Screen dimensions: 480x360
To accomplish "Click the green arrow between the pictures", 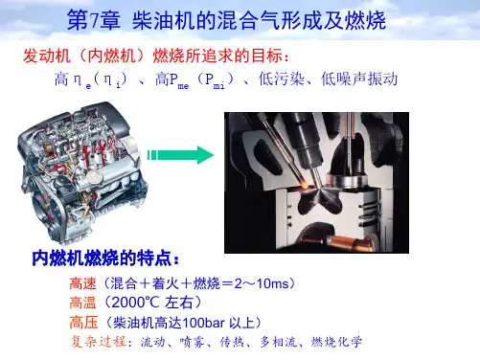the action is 180,155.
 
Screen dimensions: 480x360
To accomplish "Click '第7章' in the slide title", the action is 93,20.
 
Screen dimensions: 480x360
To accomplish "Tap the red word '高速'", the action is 82,283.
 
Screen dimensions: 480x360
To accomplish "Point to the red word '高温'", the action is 82,303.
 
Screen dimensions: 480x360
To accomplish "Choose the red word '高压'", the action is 83,323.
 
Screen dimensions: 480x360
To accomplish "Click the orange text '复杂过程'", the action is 99,342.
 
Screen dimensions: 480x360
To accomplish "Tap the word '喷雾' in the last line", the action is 192,342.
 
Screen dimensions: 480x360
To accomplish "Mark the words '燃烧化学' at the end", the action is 336,342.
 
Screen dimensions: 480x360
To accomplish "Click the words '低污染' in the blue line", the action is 282,79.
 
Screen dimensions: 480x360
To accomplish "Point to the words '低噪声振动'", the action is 359,79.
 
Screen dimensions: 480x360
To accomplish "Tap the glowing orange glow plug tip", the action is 305,183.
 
